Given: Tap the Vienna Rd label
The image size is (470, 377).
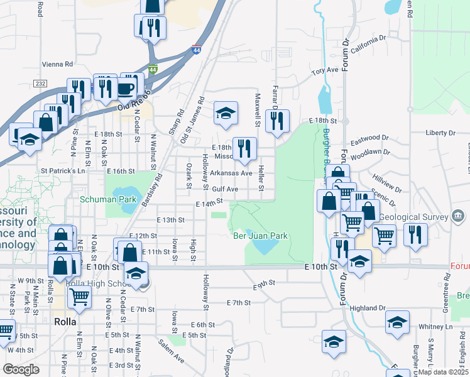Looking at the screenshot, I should point(57,64).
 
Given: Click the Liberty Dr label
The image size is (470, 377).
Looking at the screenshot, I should point(440,133).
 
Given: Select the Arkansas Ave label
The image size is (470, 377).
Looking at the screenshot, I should point(231,173).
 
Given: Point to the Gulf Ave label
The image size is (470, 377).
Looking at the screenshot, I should point(224,188).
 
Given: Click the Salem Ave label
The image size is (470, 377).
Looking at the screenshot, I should point(171,350).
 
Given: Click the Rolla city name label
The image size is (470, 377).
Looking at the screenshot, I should point(65,321).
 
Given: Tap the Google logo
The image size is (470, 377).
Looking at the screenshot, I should point(21,369).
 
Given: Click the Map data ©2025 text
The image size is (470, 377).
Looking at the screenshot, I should point(444,372).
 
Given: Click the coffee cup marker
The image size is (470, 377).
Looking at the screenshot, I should point(126,88).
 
